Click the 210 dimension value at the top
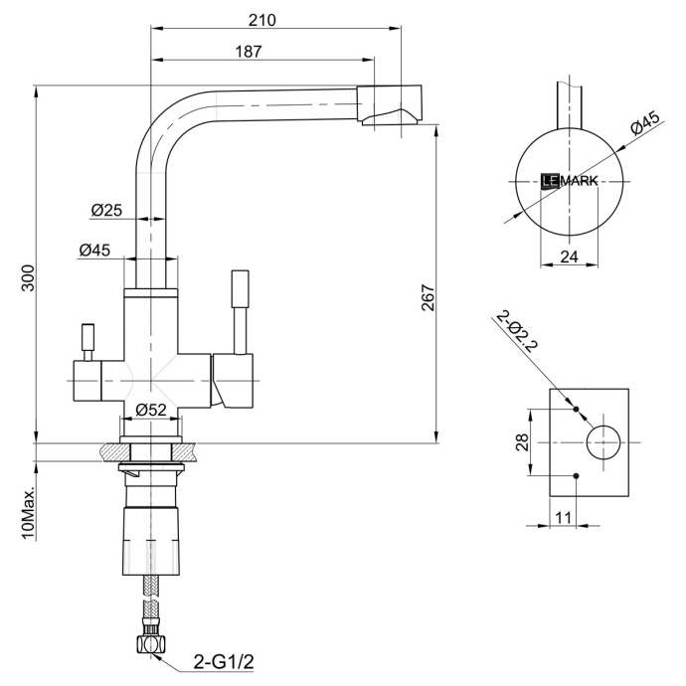(x=262, y=20)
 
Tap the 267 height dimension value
(x=429, y=298)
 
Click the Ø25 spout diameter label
(x=105, y=210)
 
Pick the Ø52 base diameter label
(x=150, y=409)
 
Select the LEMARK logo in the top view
(x=569, y=181)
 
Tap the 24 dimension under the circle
(x=569, y=257)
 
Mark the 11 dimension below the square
(x=564, y=516)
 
